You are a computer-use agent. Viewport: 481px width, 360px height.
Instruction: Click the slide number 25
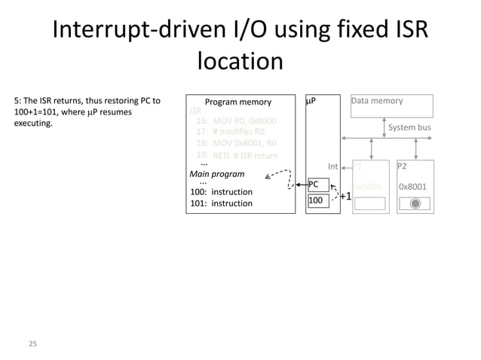pos(32,344)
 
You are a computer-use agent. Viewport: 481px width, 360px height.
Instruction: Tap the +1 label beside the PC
pos(345,197)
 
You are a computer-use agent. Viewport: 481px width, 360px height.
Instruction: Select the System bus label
pos(409,127)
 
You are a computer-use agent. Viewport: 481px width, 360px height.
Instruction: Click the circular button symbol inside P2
pos(415,203)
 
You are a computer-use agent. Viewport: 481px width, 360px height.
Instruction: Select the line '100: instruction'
pos(220,192)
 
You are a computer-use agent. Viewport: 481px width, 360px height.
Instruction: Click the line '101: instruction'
pos(220,203)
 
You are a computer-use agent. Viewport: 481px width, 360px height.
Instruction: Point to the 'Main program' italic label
pos(216,173)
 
